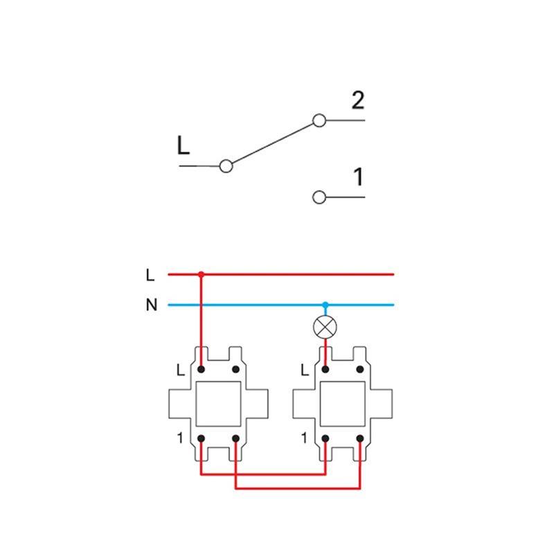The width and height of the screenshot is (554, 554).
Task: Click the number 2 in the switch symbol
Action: coord(358,100)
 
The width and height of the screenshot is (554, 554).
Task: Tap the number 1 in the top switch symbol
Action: coord(359,177)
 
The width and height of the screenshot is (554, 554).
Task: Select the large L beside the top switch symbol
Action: coord(184,145)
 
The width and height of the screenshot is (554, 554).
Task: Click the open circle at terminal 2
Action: coord(319,120)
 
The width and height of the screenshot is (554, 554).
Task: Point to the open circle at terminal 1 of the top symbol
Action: coord(319,197)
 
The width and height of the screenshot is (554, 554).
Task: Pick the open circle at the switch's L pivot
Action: coord(226,166)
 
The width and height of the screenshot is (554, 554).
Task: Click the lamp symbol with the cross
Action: coord(325,327)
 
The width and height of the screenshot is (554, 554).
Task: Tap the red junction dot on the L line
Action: coord(201,274)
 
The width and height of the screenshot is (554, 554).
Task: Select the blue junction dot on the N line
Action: coord(325,305)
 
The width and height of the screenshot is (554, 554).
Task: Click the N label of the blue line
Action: coord(152,305)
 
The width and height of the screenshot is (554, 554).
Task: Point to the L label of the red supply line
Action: coord(150,275)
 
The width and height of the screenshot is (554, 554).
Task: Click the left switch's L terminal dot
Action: coord(201,370)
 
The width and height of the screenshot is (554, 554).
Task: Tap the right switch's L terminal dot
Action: coord(325,370)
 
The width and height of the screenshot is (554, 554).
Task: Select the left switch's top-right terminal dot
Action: coord(235,370)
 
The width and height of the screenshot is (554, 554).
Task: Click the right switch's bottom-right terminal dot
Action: coord(360,439)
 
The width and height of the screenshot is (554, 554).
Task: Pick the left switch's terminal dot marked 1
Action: coord(201,439)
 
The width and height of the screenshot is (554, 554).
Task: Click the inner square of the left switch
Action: coord(218,404)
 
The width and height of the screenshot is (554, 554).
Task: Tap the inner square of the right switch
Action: coord(342,404)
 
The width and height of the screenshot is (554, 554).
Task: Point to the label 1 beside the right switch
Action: coord(304,438)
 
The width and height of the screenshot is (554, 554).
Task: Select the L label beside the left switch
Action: coord(181,370)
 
